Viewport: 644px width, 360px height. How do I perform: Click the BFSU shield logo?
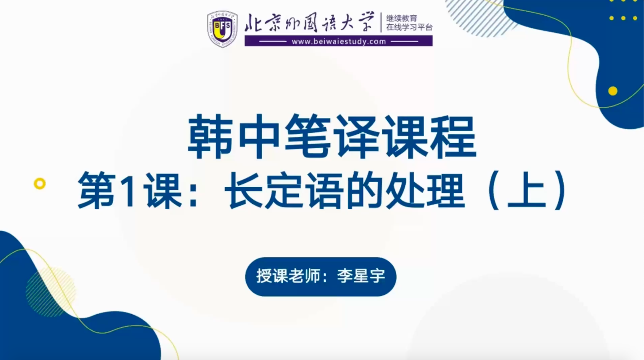pos(222,29)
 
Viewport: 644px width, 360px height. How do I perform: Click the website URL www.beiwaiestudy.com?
pos(339,42)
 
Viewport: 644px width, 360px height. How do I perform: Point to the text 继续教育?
pos(401,18)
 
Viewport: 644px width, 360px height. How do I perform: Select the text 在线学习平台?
pos(409,27)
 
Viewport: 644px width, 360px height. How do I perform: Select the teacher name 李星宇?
pos(361,277)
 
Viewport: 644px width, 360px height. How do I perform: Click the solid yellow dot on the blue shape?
pos(613,91)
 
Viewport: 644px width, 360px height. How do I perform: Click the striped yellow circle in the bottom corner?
pos(51,292)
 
